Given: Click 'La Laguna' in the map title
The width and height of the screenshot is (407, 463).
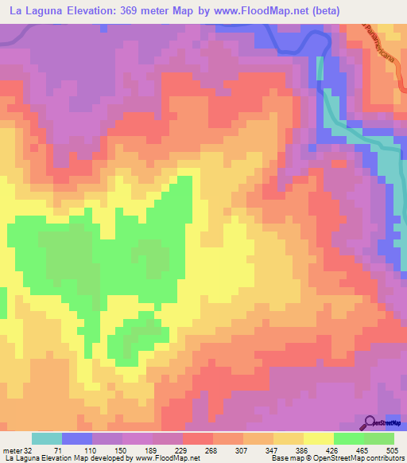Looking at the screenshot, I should pyautogui.click(x=36, y=11).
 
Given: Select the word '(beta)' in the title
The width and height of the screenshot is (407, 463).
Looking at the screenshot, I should pyautogui.click(x=328, y=11).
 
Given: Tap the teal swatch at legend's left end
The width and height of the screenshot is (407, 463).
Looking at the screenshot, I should pyautogui.click(x=47, y=438).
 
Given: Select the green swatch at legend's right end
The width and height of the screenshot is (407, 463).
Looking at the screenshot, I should pyautogui.click(x=379, y=438).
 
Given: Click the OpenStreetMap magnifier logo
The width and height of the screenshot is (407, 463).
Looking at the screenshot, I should pyautogui.click(x=370, y=422).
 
